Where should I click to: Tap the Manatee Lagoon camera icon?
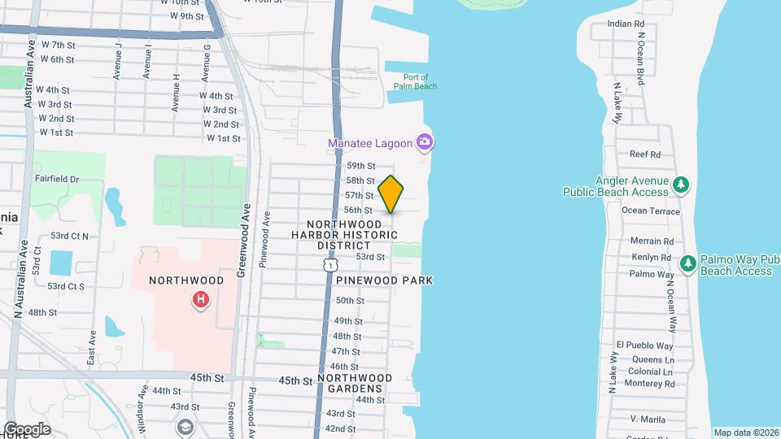[424, 143]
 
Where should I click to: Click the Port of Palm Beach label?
[415, 81]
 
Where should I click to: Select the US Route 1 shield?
[329, 265]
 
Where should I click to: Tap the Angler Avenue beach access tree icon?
[683, 186]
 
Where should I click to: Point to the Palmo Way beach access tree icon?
[687, 264]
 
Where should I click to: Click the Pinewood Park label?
[384, 280]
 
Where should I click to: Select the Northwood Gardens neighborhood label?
[355, 384]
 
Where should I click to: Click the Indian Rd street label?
[626, 24]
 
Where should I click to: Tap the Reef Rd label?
[644, 154]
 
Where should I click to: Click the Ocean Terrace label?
[650, 211]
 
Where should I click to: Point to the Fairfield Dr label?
[57, 179]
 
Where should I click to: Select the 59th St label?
[360, 166]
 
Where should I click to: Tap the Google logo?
[27, 429]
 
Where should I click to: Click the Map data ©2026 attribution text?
[746, 432]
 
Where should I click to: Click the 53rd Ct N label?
[69, 236]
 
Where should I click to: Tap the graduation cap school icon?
[185, 428]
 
